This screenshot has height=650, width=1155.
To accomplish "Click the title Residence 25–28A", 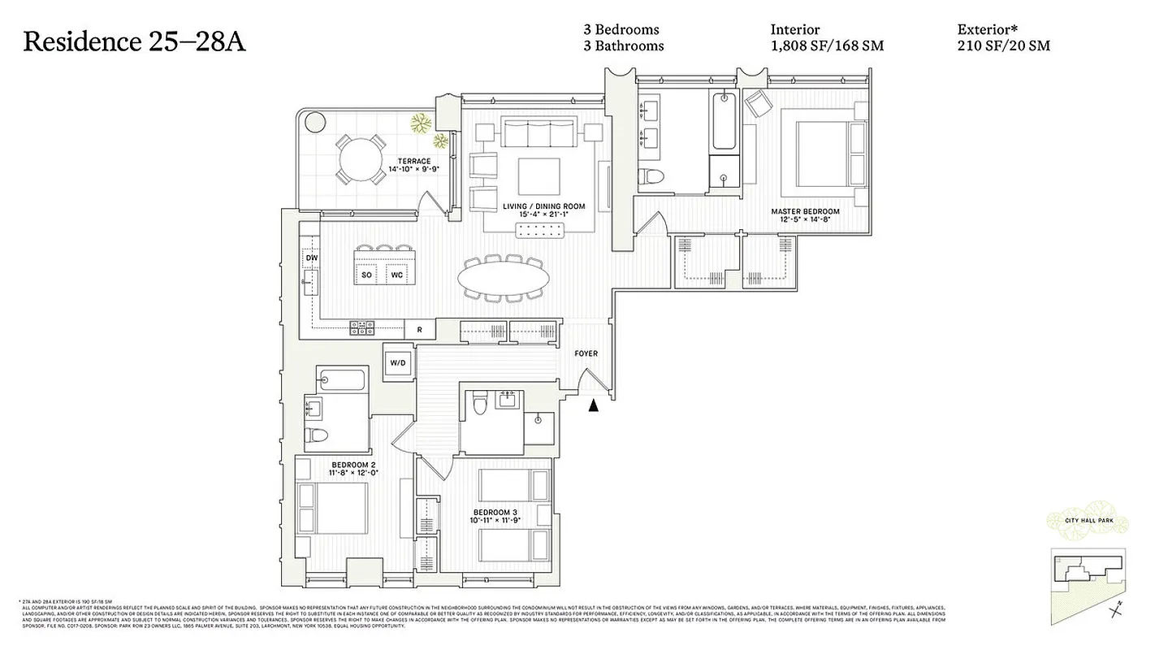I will pos(134,41).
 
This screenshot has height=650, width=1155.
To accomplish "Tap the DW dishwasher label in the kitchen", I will pos(311,258).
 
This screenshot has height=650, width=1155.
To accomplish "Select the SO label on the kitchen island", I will pos(366,275).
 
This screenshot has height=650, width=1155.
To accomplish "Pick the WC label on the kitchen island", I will pos(396,275).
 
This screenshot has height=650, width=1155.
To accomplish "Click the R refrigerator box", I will pos(419,330).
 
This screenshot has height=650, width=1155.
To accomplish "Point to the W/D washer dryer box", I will pos(398,362).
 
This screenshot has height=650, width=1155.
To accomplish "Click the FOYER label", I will pos(586,353).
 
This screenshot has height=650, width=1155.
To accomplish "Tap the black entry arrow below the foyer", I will pos(594,404).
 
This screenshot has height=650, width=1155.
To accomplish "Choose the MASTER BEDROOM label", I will pos(805,212).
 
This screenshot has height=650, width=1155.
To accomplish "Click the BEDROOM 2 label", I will pos(353,466).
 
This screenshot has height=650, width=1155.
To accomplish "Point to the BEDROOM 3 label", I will pos(495,513).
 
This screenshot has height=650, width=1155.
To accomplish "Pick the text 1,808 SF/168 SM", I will pos(827,45).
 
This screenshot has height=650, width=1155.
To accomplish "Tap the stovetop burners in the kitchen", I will pos(362,328).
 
